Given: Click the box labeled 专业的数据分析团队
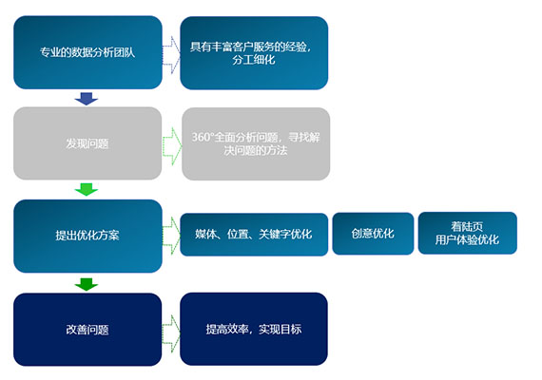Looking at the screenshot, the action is point(87,52).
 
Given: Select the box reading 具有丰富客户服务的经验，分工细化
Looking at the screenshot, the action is point(254,53).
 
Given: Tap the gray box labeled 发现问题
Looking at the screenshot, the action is point(87,143).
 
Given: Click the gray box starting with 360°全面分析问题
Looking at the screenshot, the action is point(256,143).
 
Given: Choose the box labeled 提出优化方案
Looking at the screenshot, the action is point(87,236).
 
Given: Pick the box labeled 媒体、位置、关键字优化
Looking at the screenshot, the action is point(254,235).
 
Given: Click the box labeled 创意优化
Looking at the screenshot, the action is point(373,234).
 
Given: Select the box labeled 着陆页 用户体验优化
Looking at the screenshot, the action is point(467,233).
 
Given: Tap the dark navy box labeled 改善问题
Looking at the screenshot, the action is point(87,330).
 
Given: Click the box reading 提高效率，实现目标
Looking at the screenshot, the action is point(254,329).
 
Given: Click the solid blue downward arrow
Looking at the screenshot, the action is point(87,99).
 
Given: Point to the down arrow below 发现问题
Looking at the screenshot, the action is point(87,190).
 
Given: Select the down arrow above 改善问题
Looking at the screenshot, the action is point(87,284).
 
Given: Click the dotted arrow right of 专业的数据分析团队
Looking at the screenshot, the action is point(171,54).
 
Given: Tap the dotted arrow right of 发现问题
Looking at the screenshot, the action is point(172,146).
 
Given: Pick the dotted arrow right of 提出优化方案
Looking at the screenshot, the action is point(171,236).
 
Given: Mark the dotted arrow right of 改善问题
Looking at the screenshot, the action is point(171,333).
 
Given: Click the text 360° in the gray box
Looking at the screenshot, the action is point(203,137).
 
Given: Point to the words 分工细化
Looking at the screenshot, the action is point(254,60).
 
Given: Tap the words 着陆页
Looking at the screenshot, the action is point(467,226).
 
